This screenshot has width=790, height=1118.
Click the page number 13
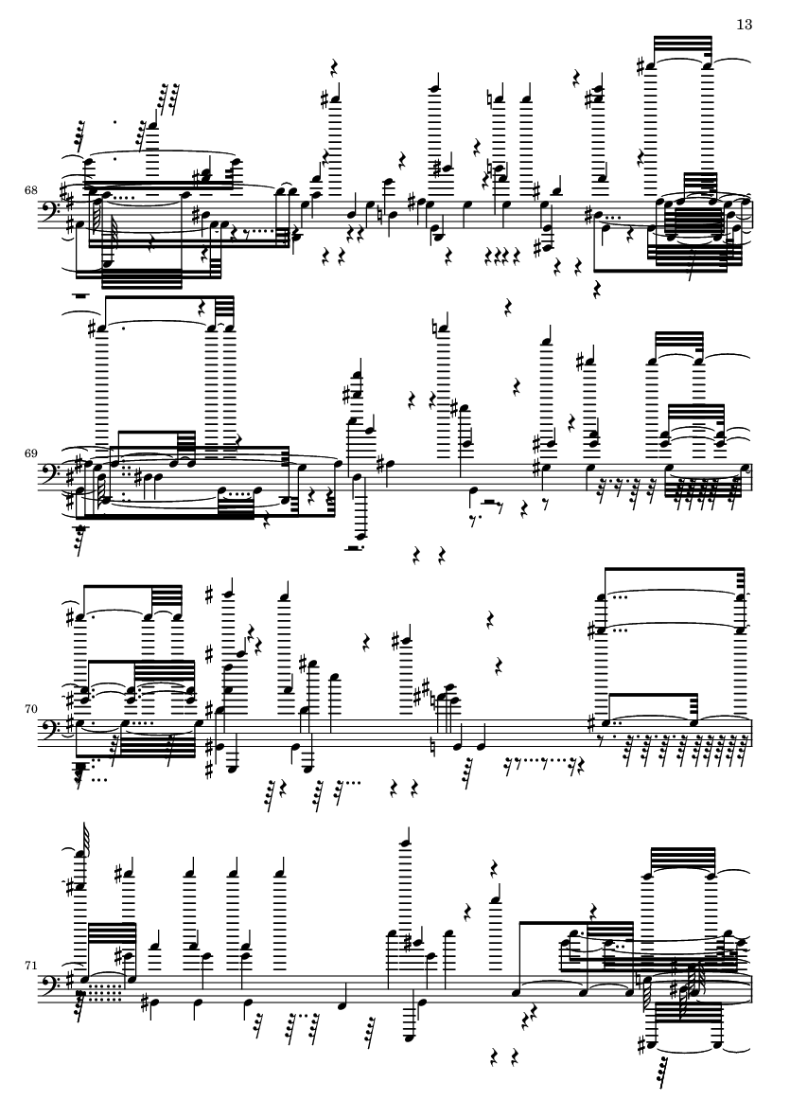point(744,25)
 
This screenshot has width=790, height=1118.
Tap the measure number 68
point(30,190)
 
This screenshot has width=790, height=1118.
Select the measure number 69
point(30,453)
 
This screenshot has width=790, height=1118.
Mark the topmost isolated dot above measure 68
point(115,122)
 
